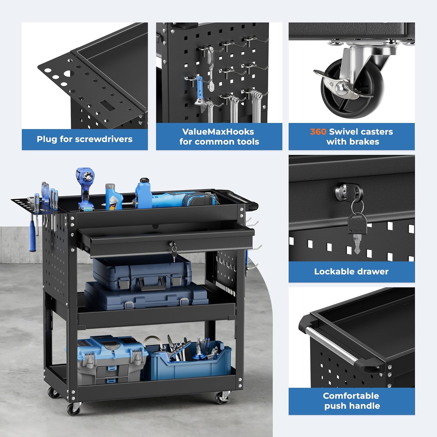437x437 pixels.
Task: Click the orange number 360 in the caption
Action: pos(318,132)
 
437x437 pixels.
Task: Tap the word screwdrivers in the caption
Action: pos(104,139)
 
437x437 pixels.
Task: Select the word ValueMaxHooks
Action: pos(218,132)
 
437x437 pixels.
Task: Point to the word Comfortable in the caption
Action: pos(351,396)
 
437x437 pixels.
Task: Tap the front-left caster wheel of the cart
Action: pos(74,409)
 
